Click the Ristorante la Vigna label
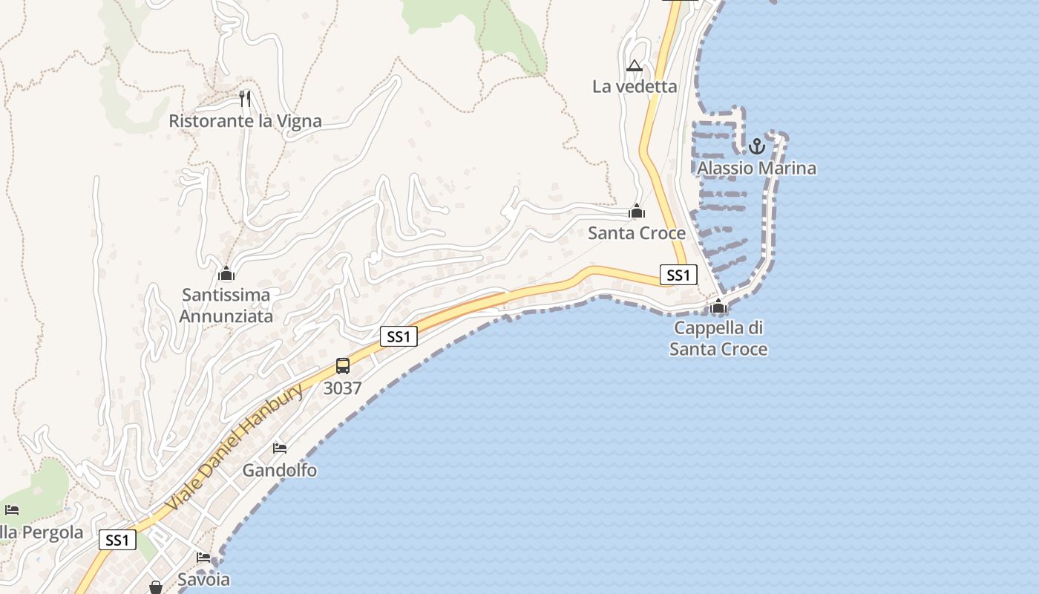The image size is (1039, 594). point(245,121)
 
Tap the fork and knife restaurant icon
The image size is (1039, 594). point(245,98)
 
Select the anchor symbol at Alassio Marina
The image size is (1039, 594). point(756,146)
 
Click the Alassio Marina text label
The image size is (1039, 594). point(756,169)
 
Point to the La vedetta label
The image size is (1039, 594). point(635,87)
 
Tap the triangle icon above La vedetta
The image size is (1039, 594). point(634,66)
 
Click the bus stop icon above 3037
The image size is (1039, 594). point(343,366)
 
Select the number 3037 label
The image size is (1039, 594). point(343,388)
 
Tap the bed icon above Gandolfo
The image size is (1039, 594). point(280,448)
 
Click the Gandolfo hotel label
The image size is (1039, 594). point(280,470)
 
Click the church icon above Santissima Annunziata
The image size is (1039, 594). point(226,273)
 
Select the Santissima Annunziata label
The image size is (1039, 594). point(226,305)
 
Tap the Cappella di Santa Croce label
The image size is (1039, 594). point(718,339)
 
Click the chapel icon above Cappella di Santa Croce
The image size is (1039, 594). point(718,306)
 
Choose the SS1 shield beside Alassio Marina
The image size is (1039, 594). point(678,275)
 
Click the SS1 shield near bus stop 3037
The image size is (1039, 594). point(399,336)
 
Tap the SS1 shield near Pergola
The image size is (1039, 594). point(117,540)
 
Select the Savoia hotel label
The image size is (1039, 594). point(203,579)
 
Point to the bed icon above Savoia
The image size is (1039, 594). point(203,557)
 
